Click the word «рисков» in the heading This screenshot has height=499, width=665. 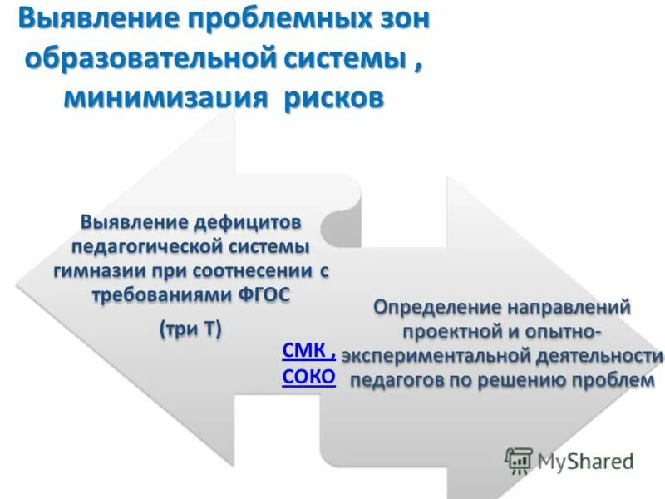pos(333,99)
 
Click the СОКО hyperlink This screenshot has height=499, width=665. pos(308,378)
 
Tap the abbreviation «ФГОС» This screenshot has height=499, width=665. pos(264,296)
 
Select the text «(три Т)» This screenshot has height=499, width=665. pos(190,329)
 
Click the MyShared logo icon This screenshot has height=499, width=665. pos(520,459)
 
